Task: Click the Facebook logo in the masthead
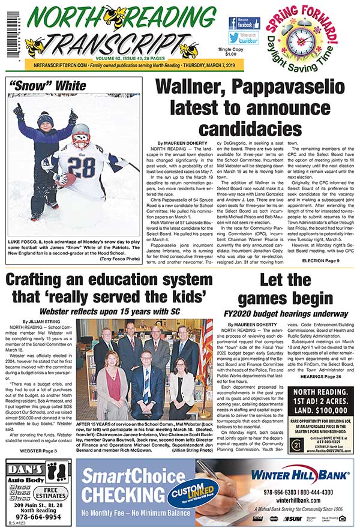point(244,24)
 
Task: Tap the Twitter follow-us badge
point(244,38)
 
